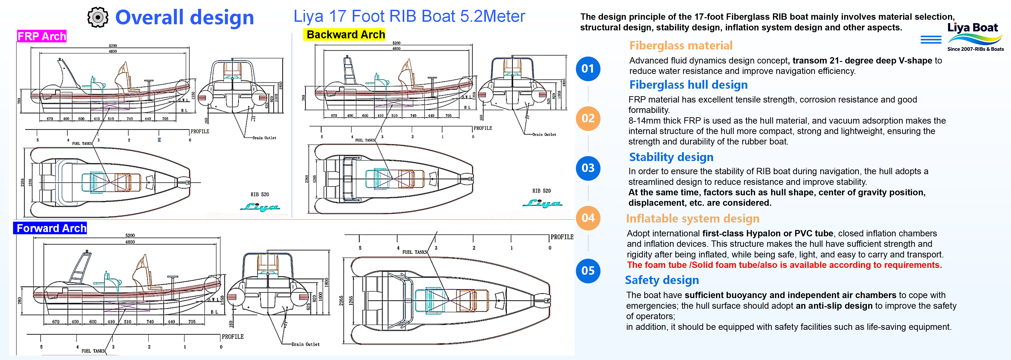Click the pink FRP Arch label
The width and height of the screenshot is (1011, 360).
point(41,36)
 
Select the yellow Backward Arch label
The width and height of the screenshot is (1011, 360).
point(345,34)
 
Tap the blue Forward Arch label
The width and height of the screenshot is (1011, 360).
point(50,228)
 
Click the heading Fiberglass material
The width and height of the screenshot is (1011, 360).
point(681,46)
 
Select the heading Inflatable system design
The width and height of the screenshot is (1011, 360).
point(692,219)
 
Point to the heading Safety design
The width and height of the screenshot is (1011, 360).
point(662,280)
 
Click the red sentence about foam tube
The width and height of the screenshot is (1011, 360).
point(784,265)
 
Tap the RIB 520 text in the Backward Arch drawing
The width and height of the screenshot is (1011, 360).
point(541,191)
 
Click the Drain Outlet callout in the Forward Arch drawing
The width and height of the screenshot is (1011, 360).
point(305,344)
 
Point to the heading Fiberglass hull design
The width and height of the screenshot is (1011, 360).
point(688,85)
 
